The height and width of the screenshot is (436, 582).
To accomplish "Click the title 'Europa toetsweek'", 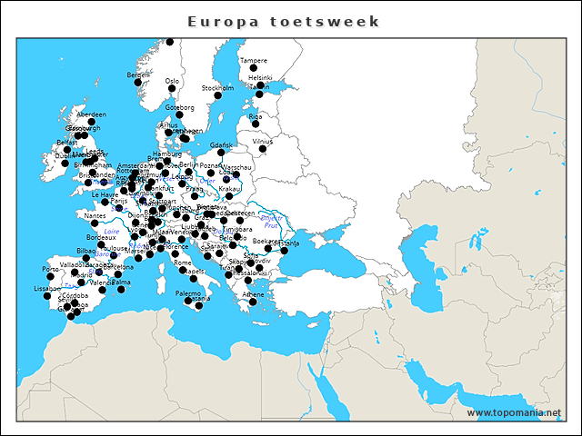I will pos(283,21).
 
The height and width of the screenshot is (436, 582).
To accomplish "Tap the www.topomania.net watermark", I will pos(514,413).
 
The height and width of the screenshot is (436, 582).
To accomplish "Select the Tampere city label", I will pos(254,61).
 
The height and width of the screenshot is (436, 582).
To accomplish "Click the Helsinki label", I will pos(260,78).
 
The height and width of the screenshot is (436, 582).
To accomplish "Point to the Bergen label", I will pos(137,74).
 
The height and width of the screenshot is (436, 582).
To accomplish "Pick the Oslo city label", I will pos(172,80).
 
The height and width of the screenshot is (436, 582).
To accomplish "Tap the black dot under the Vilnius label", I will pos(263,149).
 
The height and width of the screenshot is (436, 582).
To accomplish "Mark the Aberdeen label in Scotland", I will pos(91,114).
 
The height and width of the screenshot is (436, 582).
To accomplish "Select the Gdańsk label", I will pos(221,145).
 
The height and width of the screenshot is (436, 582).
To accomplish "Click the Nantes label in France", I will pos(94,216).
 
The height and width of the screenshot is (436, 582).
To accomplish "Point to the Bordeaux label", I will pos(101,237).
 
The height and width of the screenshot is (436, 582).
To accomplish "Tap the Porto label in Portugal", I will pos(50,269).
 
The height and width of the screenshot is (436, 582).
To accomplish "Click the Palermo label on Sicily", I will pos(188,293).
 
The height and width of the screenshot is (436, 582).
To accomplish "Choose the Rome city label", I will pos(183,263).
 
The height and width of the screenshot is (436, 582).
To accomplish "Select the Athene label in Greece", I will pos(253,294).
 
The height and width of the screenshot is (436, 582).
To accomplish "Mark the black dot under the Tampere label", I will pos(254,69).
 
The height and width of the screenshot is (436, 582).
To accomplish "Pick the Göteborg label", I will pos(180,107).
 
